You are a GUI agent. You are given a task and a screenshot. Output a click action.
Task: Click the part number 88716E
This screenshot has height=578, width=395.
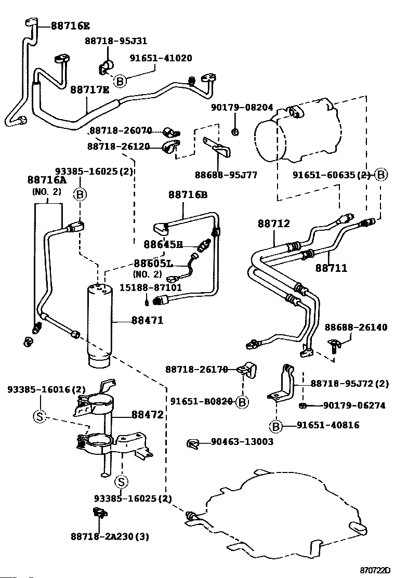(x=70, y=25)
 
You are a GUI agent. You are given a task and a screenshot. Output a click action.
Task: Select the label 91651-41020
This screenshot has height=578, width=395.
(x=161, y=58)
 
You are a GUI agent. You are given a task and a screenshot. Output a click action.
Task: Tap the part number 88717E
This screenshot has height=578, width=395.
(x=89, y=89)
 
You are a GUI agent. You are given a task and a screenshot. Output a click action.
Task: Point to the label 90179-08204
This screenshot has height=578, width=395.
(x=242, y=107)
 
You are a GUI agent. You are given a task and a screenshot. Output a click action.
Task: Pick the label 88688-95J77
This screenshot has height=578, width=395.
(x=226, y=175)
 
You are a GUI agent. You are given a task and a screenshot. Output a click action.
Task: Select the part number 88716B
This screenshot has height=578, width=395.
(x=188, y=194)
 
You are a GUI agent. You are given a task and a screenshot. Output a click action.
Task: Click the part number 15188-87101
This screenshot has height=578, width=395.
(x=150, y=287)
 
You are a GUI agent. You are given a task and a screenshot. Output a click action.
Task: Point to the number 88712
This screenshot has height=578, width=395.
(x=274, y=224)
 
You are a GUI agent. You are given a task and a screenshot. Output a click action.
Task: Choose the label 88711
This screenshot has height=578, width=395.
(x=331, y=268)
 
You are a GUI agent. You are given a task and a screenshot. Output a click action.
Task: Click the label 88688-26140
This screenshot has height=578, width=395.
(x=356, y=327)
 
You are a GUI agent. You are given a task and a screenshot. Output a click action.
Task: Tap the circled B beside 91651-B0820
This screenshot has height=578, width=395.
(x=242, y=402)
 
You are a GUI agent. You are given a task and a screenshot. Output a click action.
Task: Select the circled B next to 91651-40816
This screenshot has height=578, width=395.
(x=275, y=427)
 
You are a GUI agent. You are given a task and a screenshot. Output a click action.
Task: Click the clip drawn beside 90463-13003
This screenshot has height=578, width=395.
(x=193, y=444)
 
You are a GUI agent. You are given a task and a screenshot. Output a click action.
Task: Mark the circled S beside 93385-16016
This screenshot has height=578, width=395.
(x=39, y=417)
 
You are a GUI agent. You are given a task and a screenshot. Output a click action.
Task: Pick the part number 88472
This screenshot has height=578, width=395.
(x=148, y=415)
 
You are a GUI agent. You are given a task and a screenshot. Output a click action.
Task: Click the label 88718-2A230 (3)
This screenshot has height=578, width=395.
(x=110, y=536)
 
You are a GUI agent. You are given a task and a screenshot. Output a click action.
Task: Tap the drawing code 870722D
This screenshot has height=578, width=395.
(x=375, y=570)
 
